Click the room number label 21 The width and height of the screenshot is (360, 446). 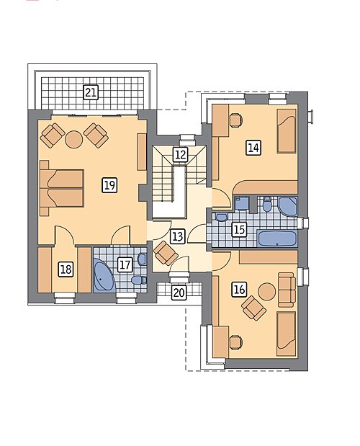(x=91, y=92)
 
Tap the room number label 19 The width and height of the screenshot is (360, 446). (x=109, y=185)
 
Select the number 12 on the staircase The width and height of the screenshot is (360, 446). (x=181, y=155)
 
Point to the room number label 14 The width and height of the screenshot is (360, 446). (x=253, y=148)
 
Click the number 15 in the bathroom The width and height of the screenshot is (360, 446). (x=239, y=230)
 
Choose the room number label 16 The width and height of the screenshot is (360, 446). (x=239, y=290)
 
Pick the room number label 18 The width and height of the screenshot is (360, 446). (x=66, y=269)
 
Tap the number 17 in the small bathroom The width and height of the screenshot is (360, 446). (x=125, y=265)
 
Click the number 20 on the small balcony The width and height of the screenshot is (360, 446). (x=179, y=293)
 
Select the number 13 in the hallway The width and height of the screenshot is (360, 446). (x=178, y=236)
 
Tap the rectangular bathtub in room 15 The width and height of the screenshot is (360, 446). (x=277, y=238)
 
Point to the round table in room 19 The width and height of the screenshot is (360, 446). (x=74, y=139)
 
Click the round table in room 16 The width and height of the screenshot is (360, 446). (x=267, y=291)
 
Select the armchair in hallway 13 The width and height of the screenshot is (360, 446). (x=166, y=253)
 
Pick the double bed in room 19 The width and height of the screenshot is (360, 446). (x=62, y=188)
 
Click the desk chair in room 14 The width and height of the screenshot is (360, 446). (x=235, y=120)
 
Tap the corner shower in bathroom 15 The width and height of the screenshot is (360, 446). (x=288, y=206)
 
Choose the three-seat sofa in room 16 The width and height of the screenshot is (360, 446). (x=287, y=290)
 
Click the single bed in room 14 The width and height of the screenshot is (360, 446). (x=287, y=131)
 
